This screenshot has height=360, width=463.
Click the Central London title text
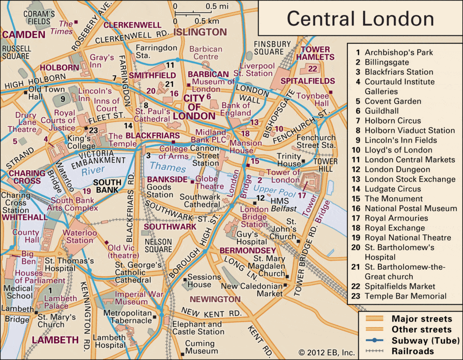coord(360,19)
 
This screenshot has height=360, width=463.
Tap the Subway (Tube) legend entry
coord(425,340)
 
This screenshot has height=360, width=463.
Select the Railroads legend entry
coord(413,351)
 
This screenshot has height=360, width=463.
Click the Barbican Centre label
coord(206,53)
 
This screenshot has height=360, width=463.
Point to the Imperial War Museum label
coord(131,298)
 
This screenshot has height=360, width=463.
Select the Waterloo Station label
coord(80,237)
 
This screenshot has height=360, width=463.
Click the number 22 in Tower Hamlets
coord(312,69)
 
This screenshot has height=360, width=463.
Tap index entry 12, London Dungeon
coord(397,169)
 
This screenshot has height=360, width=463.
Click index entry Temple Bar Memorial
coord(405,296)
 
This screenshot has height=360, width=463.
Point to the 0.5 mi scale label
coord(217,6)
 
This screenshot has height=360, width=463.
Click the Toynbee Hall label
coord(312,100)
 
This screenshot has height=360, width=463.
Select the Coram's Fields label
coord(39,17)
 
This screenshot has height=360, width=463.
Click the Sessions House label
coord(204,281)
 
